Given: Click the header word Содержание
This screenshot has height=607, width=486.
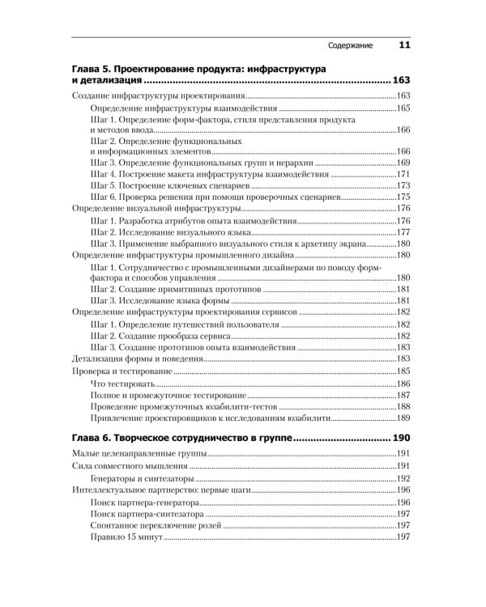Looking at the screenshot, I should click(349, 46).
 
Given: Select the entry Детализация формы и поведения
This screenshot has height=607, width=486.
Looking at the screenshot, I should click(128, 358).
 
